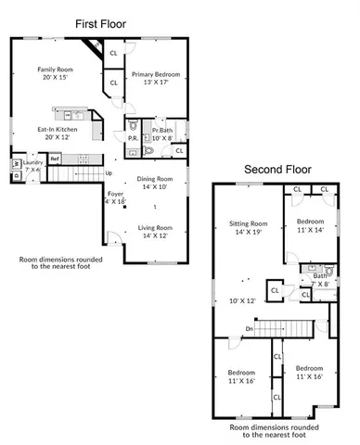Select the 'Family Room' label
point(54,70)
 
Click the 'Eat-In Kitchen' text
point(57,129)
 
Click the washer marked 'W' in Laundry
point(17,164)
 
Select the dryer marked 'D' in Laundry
point(17,173)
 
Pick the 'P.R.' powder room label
point(133,139)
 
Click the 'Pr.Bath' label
point(162,131)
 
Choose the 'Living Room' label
point(155,228)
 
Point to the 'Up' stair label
point(109,172)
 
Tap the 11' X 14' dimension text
point(310,231)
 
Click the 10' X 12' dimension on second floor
point(243,300)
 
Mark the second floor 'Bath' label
point(320,275)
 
